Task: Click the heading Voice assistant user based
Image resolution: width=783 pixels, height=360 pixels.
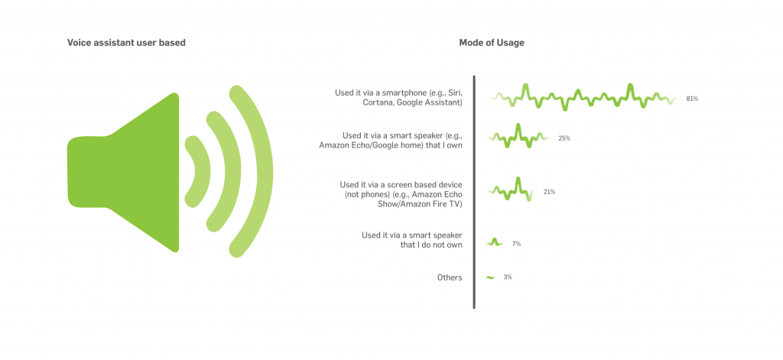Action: coord(126,43)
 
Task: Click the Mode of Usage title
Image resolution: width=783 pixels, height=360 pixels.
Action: coord(492,43)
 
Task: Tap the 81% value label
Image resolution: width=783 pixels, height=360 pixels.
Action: coord(691,99)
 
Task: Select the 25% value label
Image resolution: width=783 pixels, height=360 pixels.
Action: coord(564,138)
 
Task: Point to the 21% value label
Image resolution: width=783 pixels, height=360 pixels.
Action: coord(549,192)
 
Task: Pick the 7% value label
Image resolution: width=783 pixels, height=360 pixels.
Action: coord(516,244)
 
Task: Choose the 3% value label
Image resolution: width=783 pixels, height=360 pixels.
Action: coord(508,277)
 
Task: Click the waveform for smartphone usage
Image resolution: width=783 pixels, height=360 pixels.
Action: coord(582,96)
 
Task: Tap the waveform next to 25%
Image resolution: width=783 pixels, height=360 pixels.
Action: coord(518,136)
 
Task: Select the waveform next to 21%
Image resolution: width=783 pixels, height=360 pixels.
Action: coord(510,190)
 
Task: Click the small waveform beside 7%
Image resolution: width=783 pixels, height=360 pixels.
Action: coord(495,242)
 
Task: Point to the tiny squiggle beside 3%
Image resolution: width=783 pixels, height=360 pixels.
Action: coord(490,277)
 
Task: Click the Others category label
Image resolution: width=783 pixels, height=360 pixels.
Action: coord(450,277)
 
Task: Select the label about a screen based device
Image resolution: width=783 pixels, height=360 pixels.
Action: coord(401,193)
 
